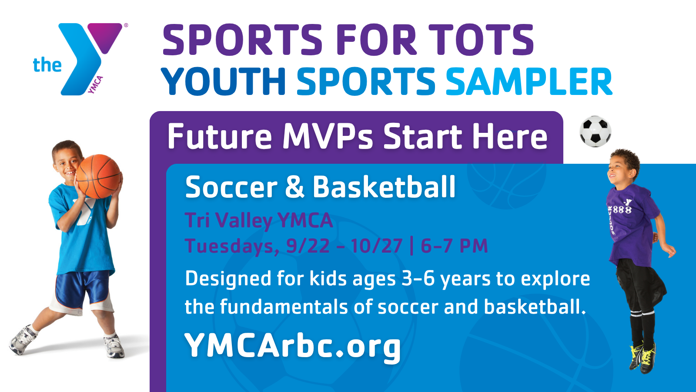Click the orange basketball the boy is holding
point(98,176)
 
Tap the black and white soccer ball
point(596,131)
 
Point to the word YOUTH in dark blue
point(223,81)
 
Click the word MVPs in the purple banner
point(328,136)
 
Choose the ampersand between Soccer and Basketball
point(294,187)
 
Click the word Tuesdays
point(232,247)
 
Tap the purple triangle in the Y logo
point(105,37)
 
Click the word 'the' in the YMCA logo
point(47,65)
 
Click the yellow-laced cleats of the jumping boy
point(643,358)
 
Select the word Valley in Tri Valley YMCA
point(244,221)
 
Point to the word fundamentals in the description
point(284,307)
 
